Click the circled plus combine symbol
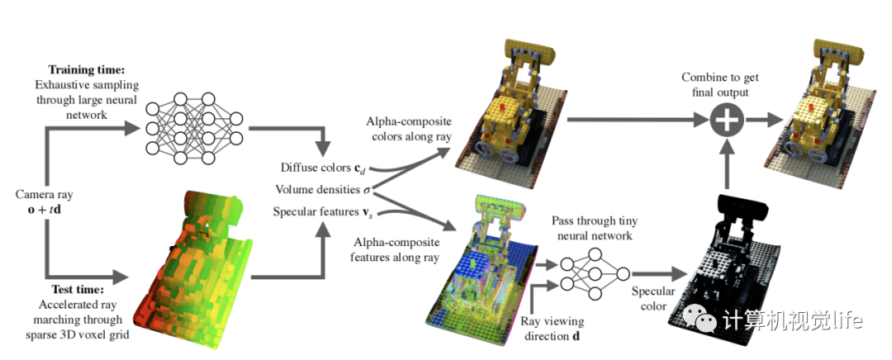pos(724,121)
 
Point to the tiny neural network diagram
pos(593,274)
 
